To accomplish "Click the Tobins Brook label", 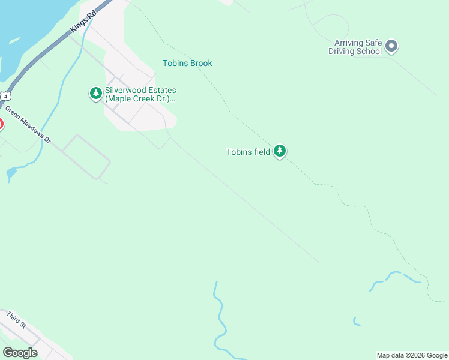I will click(x=187, y=63).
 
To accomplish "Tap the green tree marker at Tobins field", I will click(x=279, y=151).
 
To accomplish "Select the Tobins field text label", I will click(x=248, y=152).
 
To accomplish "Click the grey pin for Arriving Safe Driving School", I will click(x=391, y=46).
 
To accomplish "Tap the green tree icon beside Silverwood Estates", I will click(x=95, y=94).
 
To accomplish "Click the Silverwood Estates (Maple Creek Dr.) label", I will click(x=140, y=94).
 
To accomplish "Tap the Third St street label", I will click(x=16, y=319).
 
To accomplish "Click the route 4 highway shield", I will click(x=5, y=96).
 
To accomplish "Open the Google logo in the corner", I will click(x=20, y=353).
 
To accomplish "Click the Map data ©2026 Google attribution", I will click(x=412, y=355).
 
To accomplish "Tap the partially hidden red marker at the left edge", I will click(x=1, y=125).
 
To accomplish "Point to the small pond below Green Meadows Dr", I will click(x=11, y=173).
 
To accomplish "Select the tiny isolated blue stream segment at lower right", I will click(x=356, y=322).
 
